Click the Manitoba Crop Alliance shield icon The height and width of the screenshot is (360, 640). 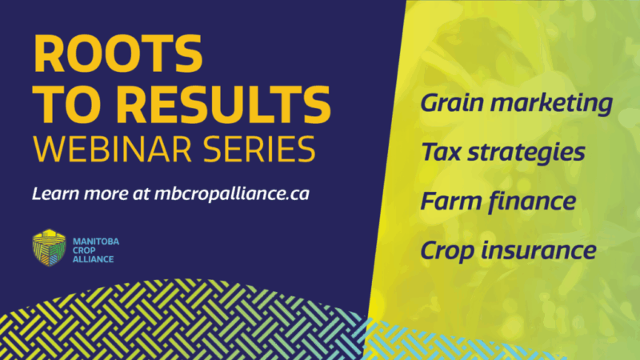[x=48, y=247]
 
